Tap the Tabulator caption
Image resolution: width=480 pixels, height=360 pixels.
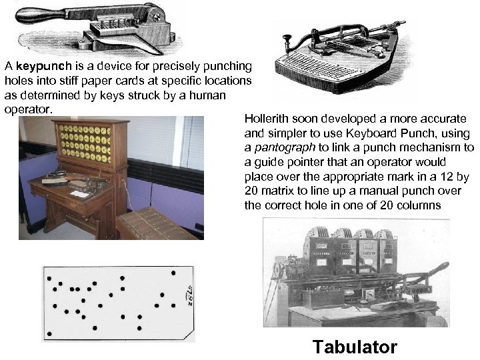355,347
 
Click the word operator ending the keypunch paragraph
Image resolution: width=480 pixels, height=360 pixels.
27,109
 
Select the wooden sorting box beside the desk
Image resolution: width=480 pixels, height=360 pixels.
157,224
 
